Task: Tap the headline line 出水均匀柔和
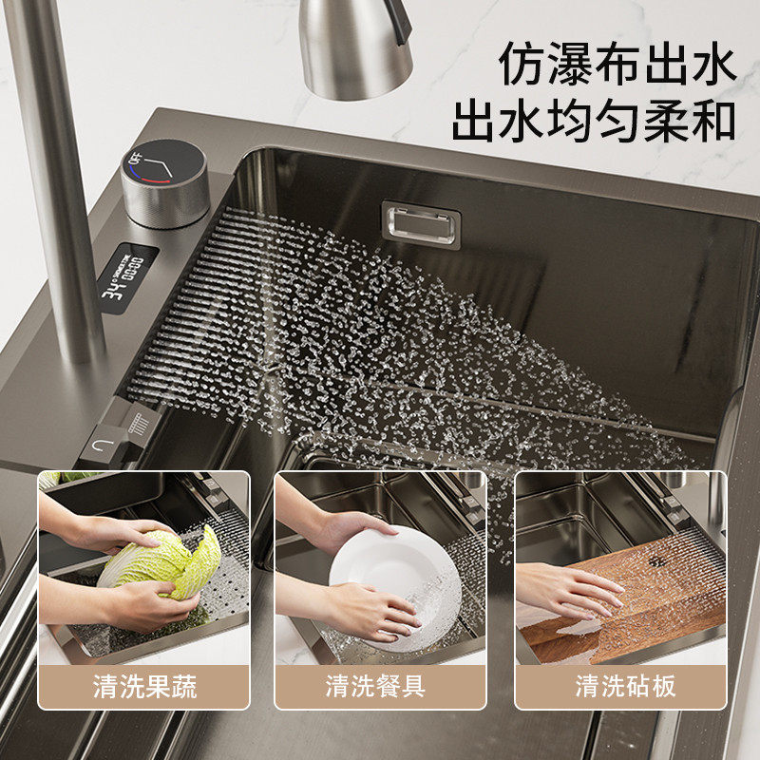pyautogui.click(x=594, y=122)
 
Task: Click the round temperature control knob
pyautogui.click(x=164, y=182)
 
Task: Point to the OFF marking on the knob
pyautogui.click(x=135, y=159)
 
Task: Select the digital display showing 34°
pyautogui.click(x=126, y=278)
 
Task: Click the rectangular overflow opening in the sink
pyautogui.click(x=421, y=224)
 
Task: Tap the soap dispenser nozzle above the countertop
pyautogui.click(x=355, y=48)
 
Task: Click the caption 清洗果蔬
pyautogui.click(x=144, y=686)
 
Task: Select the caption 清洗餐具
pyautogui.click(x=374, y=686)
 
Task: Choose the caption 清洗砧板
pyautogui.click(x=625, y=686)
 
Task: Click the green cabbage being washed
pyautogui.click(x=162, y=564)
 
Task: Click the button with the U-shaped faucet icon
pyautogui.click(x=104, y=445)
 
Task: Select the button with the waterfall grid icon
pyautogui.click(x=139, y=422)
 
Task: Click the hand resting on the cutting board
pyautogui.click(x=569, y=592)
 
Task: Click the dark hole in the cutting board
pyautogui.click(x=656, y=561)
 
